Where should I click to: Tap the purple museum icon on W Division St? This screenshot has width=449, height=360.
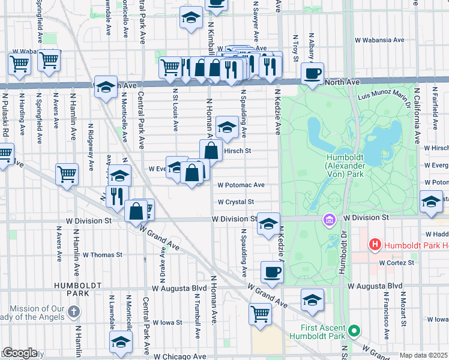point(328,220)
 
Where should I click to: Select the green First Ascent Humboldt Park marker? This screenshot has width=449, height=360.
point(354,330)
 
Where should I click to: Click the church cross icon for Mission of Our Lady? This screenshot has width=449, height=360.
point(73,311)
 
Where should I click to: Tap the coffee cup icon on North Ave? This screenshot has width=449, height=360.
point(312,74)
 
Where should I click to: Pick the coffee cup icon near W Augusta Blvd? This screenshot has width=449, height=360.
point(272,272)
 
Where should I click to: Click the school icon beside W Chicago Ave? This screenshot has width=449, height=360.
point(121,342)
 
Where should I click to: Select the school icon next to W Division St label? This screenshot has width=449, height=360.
point(268,224)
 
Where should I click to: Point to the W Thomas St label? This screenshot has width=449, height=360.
point(102,254)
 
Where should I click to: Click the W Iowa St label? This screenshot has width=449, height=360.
point(167,322)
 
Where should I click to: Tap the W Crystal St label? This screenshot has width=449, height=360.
point(236,202)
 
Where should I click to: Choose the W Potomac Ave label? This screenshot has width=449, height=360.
point(241,185)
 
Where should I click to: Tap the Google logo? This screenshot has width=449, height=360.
point(20,353)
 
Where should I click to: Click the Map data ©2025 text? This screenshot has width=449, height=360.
point(423,355)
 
